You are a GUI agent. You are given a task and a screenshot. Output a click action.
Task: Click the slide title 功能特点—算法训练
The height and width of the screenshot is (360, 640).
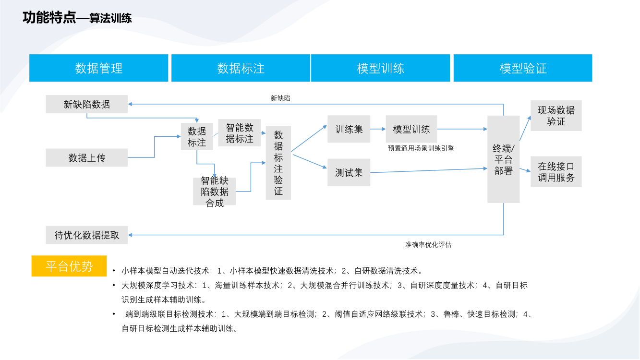(x=77, y=18)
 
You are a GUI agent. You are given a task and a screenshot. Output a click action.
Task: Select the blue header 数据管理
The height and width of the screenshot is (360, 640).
(x=99, y=68)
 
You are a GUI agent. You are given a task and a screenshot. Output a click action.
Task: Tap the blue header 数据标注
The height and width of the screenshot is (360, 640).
(x=241, y=68)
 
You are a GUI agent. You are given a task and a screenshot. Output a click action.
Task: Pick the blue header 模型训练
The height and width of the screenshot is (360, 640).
(x=380, y=68)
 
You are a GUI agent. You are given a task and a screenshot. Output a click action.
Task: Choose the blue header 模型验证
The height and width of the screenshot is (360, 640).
(x=523, y=68)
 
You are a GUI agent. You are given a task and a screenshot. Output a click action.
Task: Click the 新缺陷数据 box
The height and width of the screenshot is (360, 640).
(x=87, y=104)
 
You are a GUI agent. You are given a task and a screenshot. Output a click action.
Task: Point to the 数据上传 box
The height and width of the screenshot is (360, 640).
(x=87, y=157)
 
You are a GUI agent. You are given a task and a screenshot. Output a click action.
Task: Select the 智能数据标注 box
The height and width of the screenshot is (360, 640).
(x=240, y=133)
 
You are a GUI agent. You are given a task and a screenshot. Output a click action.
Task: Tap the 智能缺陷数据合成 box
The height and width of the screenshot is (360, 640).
(x=215, y=192)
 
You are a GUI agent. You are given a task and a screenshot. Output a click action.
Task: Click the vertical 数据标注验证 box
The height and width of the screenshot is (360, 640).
(x=278, y=163)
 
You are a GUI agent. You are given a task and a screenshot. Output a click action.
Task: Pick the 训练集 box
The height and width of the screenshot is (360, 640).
(x=349, y=129)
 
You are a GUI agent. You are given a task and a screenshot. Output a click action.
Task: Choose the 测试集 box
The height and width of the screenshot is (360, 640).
(x=349, y=172)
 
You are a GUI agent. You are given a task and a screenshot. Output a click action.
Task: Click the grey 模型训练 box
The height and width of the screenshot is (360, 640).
(x=411, y=129)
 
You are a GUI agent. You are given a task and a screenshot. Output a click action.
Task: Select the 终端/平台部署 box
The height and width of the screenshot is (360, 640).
(x=503, y=159)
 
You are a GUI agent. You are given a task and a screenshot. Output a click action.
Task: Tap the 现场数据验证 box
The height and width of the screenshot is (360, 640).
(x=556, y=116)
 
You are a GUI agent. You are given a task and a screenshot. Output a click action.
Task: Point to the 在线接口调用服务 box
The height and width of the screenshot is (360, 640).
(x=556, y=172)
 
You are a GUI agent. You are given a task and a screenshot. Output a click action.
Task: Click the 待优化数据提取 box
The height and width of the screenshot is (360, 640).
(x=87, y=235)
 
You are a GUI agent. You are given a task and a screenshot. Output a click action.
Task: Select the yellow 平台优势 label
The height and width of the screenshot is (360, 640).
(x=69, y=266)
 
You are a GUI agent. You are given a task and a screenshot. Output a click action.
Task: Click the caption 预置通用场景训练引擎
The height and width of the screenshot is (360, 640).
(x=421, y=148)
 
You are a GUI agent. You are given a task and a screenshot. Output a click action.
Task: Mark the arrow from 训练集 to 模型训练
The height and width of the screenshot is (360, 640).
(x=378, y=129)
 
